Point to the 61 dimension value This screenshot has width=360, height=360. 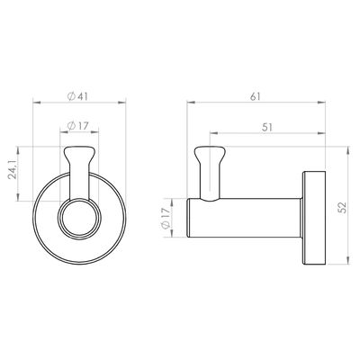coord(257,94)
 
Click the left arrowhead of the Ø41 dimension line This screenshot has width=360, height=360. coord(35,103)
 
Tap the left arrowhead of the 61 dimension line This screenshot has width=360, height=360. coord(188,103)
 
